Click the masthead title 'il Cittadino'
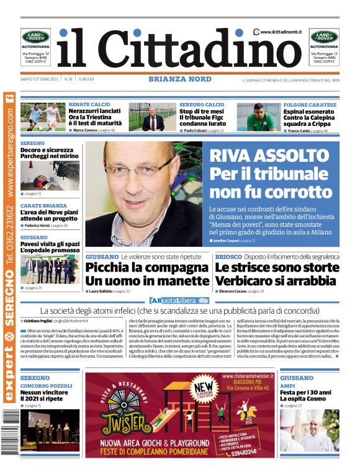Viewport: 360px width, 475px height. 180,48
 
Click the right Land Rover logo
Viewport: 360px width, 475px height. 324,37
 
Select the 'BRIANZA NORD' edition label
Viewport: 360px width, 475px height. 180,79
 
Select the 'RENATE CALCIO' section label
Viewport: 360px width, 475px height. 89,105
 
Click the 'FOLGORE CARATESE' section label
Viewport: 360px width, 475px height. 310,105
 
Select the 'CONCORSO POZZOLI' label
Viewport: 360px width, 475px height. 46,385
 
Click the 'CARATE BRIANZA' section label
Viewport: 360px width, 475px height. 43,205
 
